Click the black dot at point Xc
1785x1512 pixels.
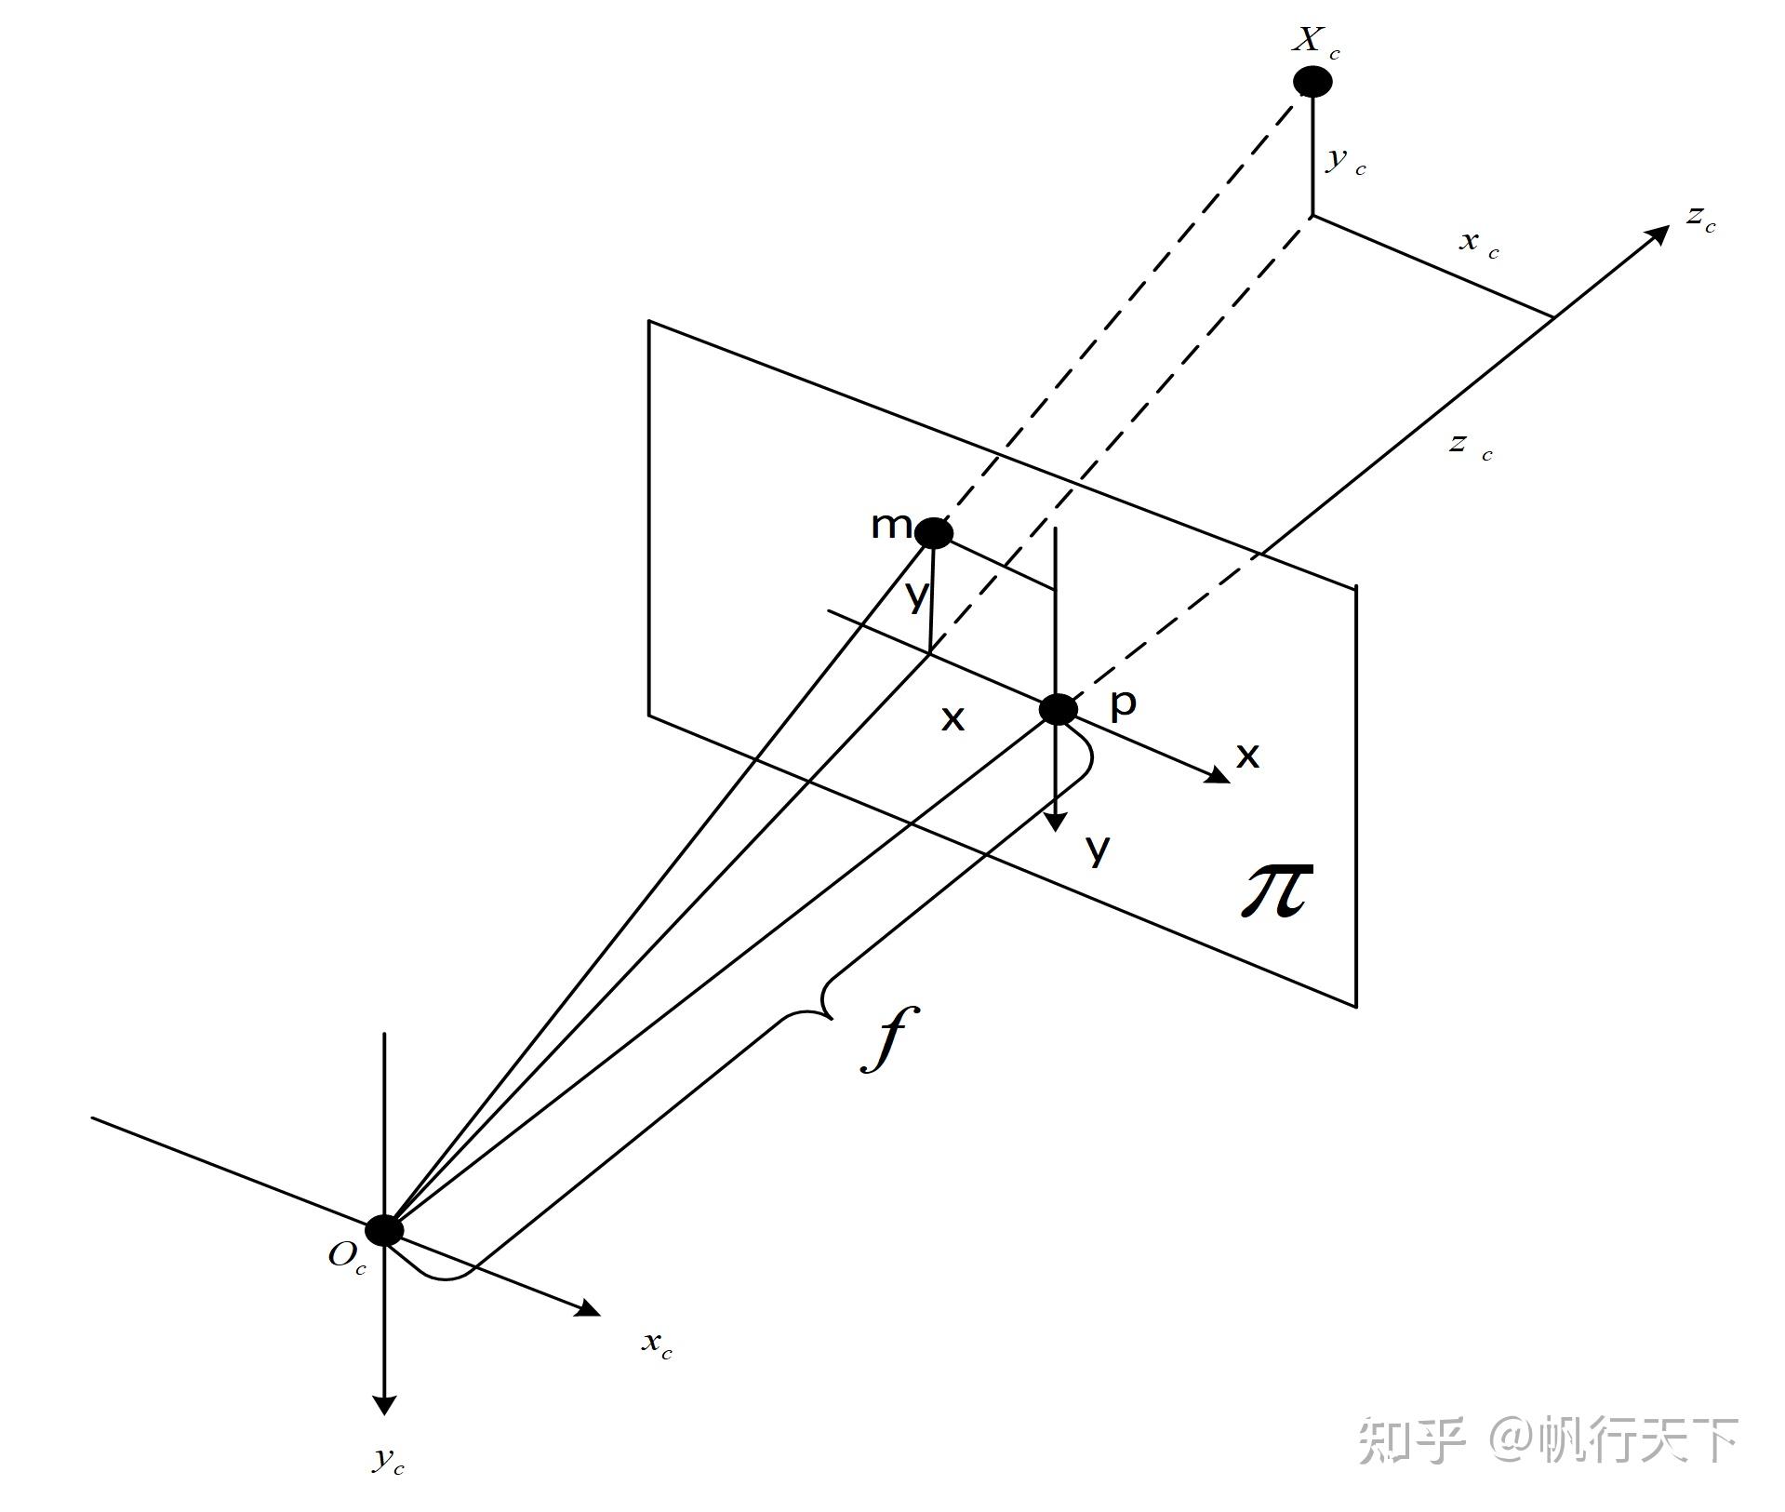tap(1312, 82)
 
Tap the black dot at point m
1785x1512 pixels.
tap(934, 533)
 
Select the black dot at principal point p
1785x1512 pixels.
tap(1058, 710)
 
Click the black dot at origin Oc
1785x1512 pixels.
tap(384, 1230)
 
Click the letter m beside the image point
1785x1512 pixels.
tap(891, 527)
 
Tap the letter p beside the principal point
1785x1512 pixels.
tap(1123, 704)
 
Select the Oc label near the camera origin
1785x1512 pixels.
tap(347, 1258)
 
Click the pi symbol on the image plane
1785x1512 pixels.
tap(1279, 889)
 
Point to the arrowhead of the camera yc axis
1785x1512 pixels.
tap(384, 1405)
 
